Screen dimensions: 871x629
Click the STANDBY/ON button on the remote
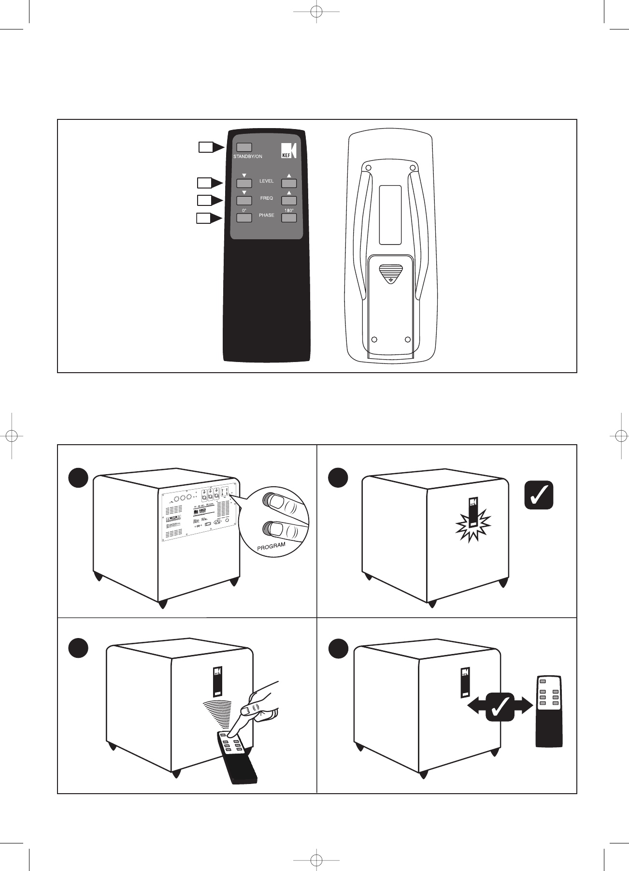point(244,147)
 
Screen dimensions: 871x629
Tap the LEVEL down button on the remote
point(244,183)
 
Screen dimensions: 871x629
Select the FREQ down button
point(244,201)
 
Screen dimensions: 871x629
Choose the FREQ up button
point(289,201)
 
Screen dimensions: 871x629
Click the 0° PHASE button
point(244,218)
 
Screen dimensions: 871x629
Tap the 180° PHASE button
point(289,218)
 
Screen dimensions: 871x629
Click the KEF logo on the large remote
point(288,151)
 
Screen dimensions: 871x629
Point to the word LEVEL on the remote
point(266,181)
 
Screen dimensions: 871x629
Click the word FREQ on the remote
point(266,198)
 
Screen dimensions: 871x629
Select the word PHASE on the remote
point(266,215)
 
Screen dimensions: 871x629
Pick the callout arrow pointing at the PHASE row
point(209,218)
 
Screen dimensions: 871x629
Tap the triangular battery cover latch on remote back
point(390,273)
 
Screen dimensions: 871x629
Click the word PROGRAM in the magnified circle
point(271,547)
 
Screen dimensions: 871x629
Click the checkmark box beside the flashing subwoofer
point(539,495)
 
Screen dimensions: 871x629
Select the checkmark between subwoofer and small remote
point(500,707)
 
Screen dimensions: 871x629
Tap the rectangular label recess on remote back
point(390,215)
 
